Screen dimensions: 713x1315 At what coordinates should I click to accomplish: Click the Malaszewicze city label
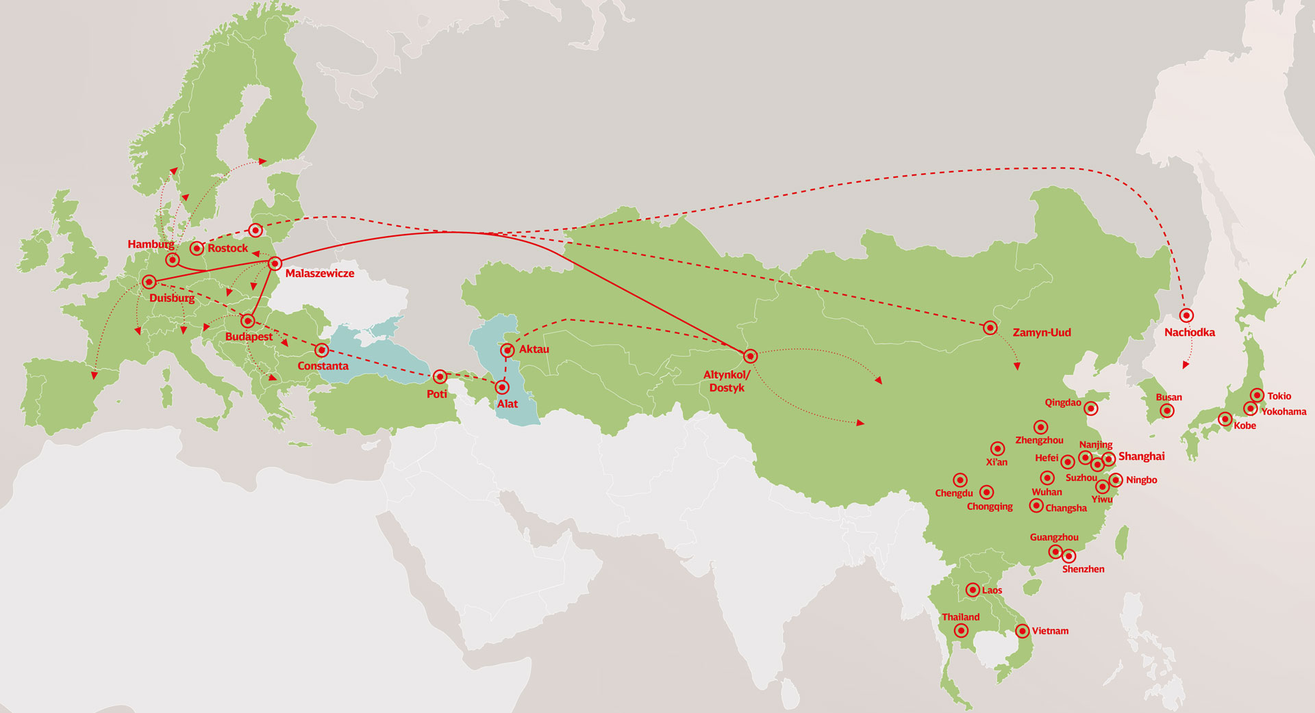tap(319, 274)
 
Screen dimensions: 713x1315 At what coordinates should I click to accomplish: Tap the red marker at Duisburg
tap(149, 282)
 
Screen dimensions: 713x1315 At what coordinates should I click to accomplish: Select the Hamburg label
tap(151, 244)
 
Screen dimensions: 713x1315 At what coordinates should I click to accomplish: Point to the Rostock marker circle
tap(197, 248)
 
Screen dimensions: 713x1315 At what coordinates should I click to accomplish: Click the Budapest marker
tap(248, 320)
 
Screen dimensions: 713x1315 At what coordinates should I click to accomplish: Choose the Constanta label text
tap(323, 366)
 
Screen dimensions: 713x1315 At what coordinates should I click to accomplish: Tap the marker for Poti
tap(440, 376)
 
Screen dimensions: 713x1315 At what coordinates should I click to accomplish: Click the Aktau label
tap(534, 350)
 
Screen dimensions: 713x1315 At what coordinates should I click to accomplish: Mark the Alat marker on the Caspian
tap(503, 387)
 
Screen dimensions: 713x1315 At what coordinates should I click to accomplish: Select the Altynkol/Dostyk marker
tap(750, 356)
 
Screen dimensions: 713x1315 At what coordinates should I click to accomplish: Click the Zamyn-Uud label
tap(1041, 333)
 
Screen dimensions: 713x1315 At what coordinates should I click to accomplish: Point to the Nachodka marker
tap(1186, 315)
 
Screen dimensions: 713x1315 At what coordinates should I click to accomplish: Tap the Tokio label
tap(1279, 396)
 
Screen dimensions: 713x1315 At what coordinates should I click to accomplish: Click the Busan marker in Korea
tap(1167, 411)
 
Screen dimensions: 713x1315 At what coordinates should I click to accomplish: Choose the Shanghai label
tap(1141, 456)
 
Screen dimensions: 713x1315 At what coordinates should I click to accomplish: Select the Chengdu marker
tap(960, 480)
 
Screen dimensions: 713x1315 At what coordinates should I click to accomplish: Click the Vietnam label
tap(1050, 631)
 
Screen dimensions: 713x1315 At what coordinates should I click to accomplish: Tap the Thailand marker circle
tap(961, 631)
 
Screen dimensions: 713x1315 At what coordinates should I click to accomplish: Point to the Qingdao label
tap(1062, 402)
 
